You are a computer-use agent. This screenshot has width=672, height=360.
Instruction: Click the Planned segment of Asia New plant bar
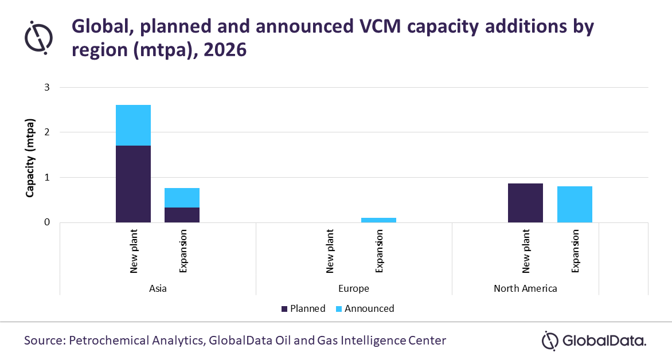133,183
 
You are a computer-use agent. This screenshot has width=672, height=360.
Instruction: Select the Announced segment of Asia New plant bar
133,125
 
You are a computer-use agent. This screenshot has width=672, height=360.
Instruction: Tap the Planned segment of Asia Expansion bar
182,214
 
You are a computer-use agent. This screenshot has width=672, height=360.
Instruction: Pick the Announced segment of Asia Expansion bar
182,198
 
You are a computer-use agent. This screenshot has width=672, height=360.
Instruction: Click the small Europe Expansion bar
378,220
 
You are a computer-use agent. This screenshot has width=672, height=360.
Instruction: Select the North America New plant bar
525,202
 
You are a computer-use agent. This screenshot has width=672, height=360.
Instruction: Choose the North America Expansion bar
575,204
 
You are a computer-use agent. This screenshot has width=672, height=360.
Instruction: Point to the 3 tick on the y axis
48,87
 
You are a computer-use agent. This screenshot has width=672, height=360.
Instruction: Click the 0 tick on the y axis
48,222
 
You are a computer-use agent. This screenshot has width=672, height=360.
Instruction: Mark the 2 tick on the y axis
48,132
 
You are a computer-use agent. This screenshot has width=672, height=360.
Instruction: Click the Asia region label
158,288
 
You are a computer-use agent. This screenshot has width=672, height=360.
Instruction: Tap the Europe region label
354,288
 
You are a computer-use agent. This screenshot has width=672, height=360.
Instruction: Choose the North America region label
525,288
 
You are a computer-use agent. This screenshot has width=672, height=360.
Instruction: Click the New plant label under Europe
330,251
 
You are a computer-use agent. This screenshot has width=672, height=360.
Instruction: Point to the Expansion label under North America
575,251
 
